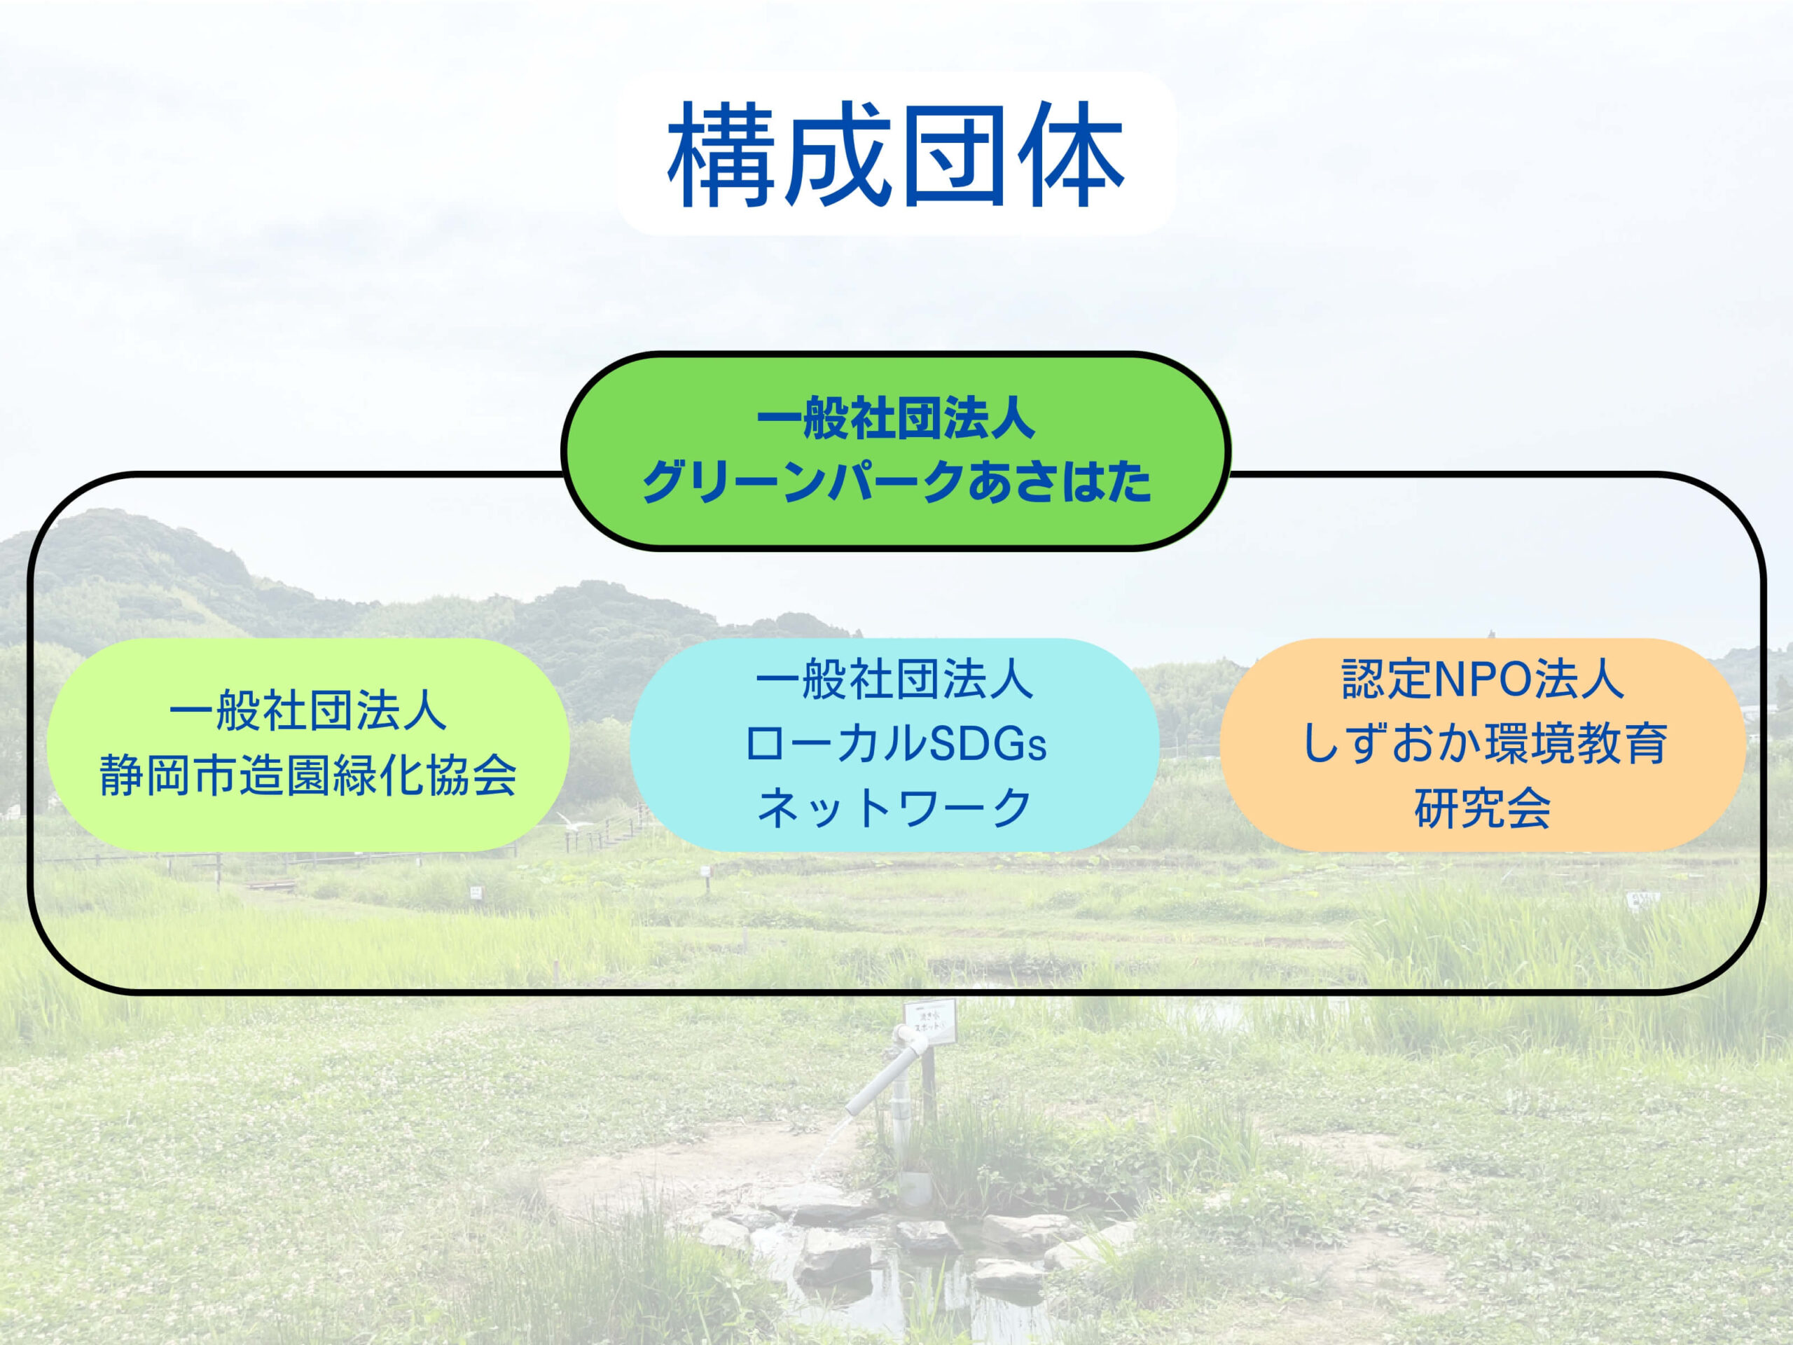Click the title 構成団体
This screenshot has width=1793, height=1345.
pyautogui.click(x=896, y=154)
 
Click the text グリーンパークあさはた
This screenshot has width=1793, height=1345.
pyautogui.click(x=896, y=481)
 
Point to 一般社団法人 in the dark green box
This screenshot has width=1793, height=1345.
pyautogui.click(x=896, y=420)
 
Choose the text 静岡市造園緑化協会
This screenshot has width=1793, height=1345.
pyautogui.click(x=308, y=776)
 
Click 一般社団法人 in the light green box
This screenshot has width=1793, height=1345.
pyautogui.click(x=308, y=712)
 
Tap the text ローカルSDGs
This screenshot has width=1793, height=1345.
pyautogui.click(x=896, y=744)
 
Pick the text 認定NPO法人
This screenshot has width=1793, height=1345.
pyautogui.click(x=1483, y=680)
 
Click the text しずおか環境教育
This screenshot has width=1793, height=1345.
pyautogui.click(x=1483, y=744)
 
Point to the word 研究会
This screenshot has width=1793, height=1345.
pyautogui.click(x=1483, y=808)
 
